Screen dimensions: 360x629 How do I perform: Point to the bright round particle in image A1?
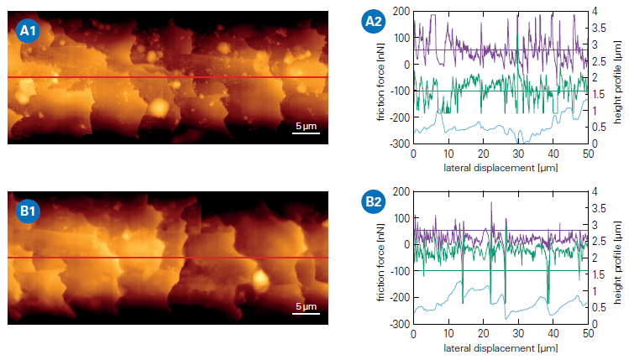tap(158, 107)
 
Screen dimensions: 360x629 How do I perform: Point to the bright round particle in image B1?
tap(260, 280)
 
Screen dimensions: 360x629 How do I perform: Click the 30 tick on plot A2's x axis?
tap(518, 155)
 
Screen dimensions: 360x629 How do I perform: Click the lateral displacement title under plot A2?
tap(501, 168)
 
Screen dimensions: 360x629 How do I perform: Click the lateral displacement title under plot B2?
tap(501, 347)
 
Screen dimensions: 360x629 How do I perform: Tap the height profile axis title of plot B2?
tap(617, 258)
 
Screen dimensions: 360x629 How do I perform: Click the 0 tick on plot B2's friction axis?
tap(405, 244)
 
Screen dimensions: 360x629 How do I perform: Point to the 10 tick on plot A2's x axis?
tap(448, 155)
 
